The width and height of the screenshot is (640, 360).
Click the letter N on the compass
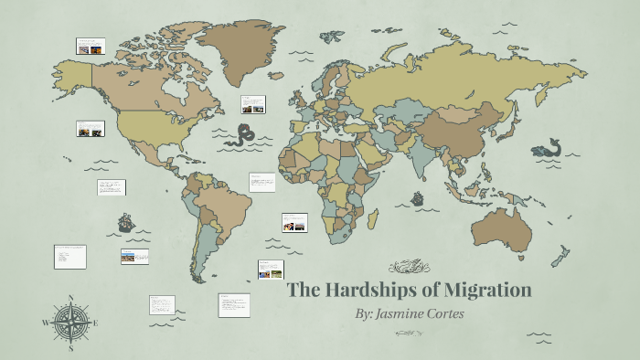(x=71, y=298)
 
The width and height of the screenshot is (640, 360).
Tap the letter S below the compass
(x=71, y=348)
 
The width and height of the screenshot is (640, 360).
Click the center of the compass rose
(x=71, y=323)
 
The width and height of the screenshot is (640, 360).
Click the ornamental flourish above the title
(x=409, y=268)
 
